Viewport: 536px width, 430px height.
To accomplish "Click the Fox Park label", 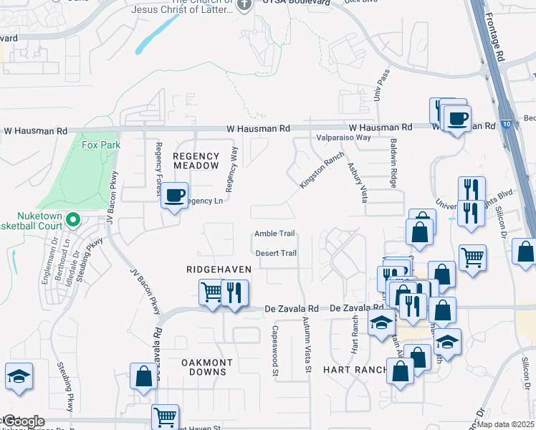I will [101, 145].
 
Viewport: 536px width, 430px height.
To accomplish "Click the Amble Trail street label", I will [275, 234].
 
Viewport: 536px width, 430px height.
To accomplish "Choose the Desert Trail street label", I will [276, 253].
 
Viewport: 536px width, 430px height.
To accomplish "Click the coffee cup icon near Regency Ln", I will [175, 195].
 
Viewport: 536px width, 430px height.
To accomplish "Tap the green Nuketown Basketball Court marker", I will [72, 219].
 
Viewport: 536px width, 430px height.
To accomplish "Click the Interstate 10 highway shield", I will [507, 123].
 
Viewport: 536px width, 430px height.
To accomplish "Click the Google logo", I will [23, 421].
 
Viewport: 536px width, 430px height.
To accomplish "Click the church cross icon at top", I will [244, 4].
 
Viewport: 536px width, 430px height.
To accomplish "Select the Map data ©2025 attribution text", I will [506, 424].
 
